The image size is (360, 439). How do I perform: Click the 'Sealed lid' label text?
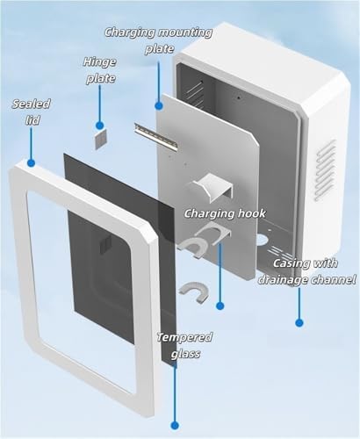pyautogui.click(x=31, y=112)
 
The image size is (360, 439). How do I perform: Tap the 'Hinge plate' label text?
pyautogui.click(x=100, y=70)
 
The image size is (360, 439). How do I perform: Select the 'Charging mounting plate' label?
pyautogui.click(x=158, y=40)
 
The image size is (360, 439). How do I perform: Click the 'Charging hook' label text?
pyautogui.click(x=225, y=213)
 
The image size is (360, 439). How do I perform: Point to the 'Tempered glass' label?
pyautogui.click(x=184, y=345)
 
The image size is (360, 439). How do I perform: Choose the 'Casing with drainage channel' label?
pyautogui.click(x=306, y=271)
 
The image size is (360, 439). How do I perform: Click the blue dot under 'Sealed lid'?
pyautogui.click(x=31, y=162)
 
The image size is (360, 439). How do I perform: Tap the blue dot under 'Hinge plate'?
pyautogui.click(x=99, y=126)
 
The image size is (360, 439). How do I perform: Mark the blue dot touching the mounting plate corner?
pyautogui.click(x=159, y=105)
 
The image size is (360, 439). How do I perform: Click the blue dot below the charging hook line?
pyautogui.click(x=220, y=306)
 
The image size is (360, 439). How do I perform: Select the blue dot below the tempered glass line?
pyautogui.click(x=175, y=425)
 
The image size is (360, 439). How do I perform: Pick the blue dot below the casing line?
pyautogui.click(x=299, y=323)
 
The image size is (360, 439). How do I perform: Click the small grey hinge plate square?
pyautogui.click(x=100, y=140)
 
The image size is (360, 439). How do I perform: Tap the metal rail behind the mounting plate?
pyautogui.click(x=155, y=137)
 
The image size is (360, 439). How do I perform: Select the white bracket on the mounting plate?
pyautogui.click(x=213, y=186)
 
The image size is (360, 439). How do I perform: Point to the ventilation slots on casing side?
pyautogui.click(x=325, y=169)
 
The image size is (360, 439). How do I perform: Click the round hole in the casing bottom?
pyautogui.click(x=262, y=240)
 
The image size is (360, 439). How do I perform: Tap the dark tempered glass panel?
pyautogui.click(x=120, y=257)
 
